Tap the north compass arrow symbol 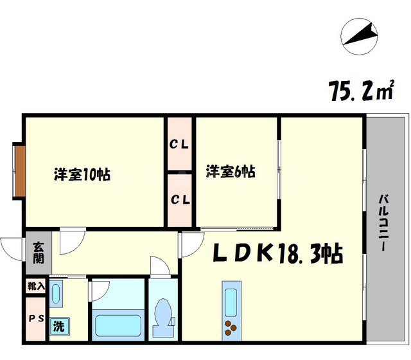[x=359, y=35]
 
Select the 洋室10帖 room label [x=82, y=174]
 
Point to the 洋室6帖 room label [x=231, y=172]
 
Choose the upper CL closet [x=179, y=145]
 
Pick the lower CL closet [x=179, y=200]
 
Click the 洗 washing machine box [x=58, y=326]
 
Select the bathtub [x=118, y=319]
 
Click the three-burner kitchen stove [x=230, y=328]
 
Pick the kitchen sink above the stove [x=230, y=299]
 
